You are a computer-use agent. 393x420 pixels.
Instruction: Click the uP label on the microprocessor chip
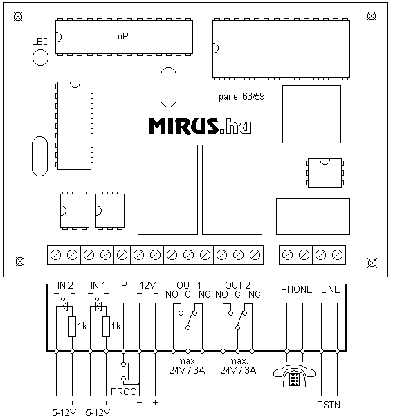pyautogui.click(x=123, y=36)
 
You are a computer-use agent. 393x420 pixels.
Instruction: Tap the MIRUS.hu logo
pyautogui.click(x=200, y=126)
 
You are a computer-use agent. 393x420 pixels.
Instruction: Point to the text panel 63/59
pyautogui.click(x=241, y=96)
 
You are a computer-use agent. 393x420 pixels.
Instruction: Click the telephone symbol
pyautogui.click(x=294, y=376)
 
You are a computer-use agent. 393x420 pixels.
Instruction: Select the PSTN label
pyautogui.click(x=329, y=405)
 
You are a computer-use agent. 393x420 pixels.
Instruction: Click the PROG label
pyautogui.click(x=124, y=392)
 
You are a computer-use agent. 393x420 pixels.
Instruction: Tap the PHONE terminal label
pyautogui.click(x=297, y=289)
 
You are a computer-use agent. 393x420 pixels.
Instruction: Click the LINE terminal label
pyautogui.click(x=331, y=289)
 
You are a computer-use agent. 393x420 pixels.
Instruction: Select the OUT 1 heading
pyautogui.click(x=189, y=285)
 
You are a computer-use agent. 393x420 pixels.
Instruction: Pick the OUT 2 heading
pyautogui.click(x=237, y=285)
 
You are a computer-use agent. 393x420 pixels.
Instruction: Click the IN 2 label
pyautogui.click(x=65, y=285)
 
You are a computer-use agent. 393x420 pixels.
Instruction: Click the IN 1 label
pyautogui.click(x=98, y=285)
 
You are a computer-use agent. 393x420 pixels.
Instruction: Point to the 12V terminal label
pyautogui.click(x=147, y=285)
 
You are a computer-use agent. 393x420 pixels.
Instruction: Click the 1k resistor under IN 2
pyautogui.click(x=73, y=327)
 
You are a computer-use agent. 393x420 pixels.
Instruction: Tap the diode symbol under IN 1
pyautogui.click(x=98, y=305)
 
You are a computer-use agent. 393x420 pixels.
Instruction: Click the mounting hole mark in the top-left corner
pyautogui.click(x=18, y=17)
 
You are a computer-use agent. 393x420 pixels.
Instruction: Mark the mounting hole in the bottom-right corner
pyautogui.click(x=372, y=263)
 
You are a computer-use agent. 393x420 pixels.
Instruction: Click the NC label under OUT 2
pyautogui.click(x=254, y=294)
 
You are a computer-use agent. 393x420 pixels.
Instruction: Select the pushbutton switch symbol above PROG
pyautogui.click(x=127, y=372)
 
